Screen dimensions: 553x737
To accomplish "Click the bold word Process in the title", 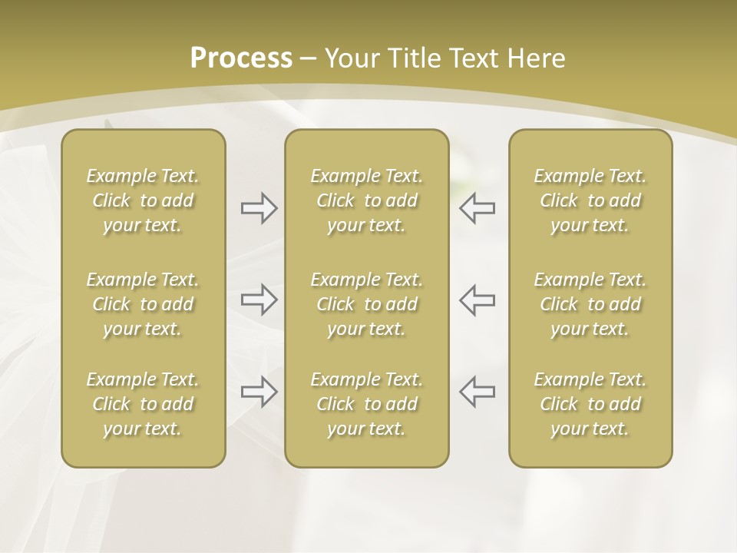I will click(241, 58).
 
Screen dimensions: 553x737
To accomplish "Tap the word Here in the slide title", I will click(538, 58).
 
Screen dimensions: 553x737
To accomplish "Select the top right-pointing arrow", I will click(259, 208).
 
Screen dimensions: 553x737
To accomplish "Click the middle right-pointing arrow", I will click(259, 300).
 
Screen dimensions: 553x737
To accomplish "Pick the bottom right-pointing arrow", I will click(259, 392).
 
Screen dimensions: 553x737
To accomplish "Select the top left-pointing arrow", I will click(477, 208).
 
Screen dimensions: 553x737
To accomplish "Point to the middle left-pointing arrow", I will click(477, 300).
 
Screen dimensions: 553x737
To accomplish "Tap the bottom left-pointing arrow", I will click(477, 392).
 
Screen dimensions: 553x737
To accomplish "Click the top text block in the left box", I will click(143, 200).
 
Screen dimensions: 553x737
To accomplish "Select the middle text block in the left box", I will click(143, 304).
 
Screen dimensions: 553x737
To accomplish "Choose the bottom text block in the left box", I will click(143, 404).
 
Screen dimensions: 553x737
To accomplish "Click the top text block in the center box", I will click(367, 200).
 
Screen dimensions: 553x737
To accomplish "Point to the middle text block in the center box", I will click(367, 304).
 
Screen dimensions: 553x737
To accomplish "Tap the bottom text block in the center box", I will click(367, 404).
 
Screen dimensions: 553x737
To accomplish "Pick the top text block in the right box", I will click(590, 200).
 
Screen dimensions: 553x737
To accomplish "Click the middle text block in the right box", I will click(590, 304).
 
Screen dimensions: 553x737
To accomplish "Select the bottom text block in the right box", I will click(590, 404).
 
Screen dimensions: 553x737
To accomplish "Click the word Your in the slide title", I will click(350, 58).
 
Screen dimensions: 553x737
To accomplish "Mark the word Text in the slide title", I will click(475, 58).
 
